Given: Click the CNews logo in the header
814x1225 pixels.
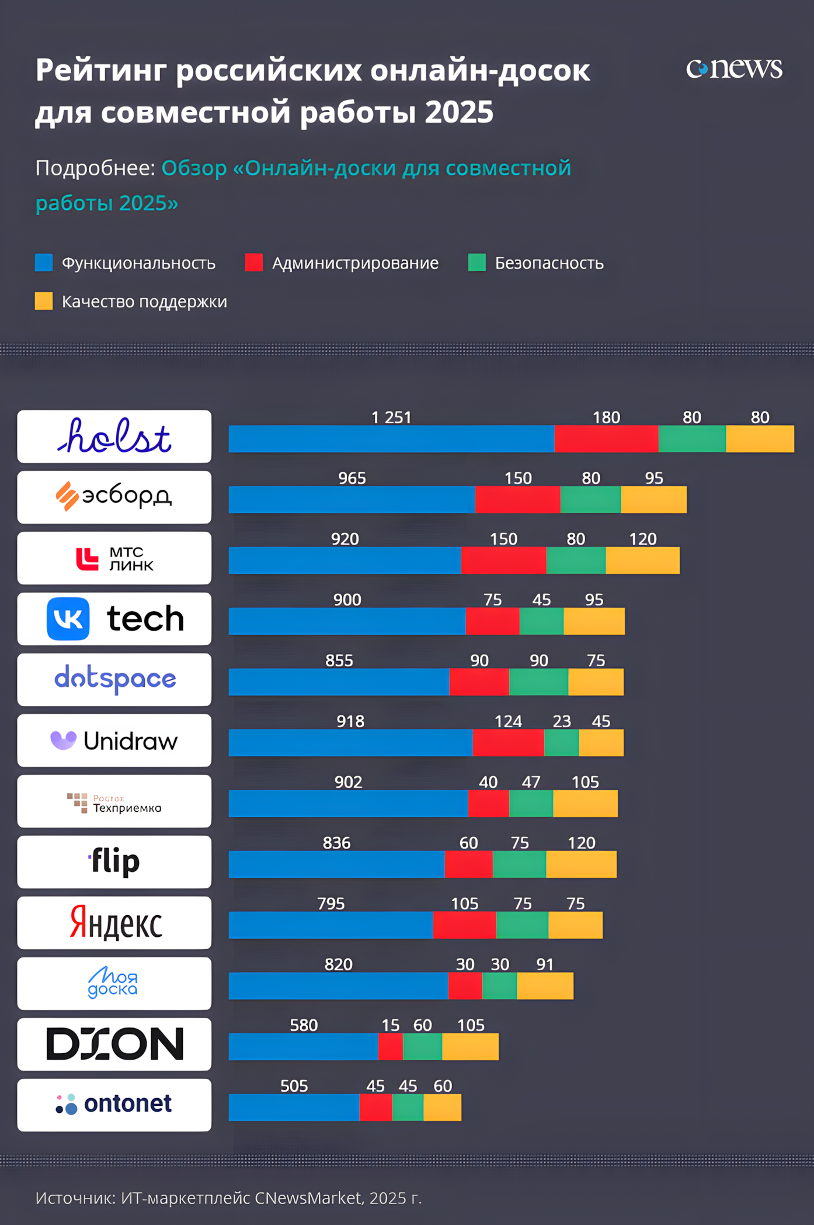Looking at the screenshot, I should [733, 69].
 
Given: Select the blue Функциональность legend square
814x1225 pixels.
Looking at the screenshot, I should [44, 262].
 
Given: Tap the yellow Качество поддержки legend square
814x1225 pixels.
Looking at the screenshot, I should [44, 301].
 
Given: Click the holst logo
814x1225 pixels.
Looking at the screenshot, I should [114, 437].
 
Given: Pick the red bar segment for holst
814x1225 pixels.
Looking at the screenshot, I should [606, 439].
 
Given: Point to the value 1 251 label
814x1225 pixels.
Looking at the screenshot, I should [391, 417].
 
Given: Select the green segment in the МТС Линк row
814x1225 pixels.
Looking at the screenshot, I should [576, 560].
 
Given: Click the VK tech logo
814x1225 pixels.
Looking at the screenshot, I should [114, 619].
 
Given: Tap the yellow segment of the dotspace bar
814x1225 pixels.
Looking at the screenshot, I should [596, 682].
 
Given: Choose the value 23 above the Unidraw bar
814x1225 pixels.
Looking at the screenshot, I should [562, 721].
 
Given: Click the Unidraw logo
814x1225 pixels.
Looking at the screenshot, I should [114, 740].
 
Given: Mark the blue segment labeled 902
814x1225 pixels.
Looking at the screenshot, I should [348, 804].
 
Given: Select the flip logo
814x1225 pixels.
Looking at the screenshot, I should [114, 862].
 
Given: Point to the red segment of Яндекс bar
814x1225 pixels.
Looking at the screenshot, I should [464, 925].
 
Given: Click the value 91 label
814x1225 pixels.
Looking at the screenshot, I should [545, 964].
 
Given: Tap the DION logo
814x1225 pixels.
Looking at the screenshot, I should [114, 1044].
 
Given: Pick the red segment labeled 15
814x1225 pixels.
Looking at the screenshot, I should [390, 1047].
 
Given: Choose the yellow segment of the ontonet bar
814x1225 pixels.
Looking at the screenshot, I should [442, 1108].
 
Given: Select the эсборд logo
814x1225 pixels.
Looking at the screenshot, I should [114, 497].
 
